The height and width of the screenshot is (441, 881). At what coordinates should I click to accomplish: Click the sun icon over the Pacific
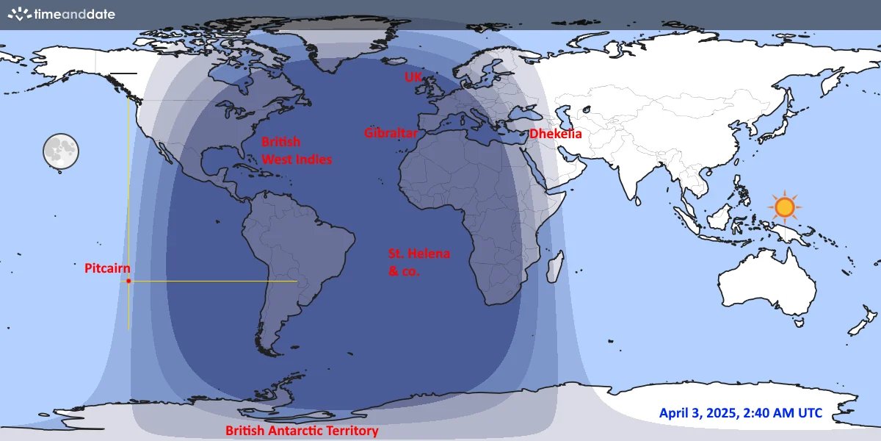[785, 208]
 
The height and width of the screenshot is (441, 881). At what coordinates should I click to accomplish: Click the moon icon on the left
[60, 151]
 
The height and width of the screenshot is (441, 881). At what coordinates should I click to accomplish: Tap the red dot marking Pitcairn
[128, 281]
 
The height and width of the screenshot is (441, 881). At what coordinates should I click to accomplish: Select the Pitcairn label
[107, 268]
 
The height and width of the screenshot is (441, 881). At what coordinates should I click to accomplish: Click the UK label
[413, 76]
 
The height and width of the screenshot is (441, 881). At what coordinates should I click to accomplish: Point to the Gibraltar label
[391, 133]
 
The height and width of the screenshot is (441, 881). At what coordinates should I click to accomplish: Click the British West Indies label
[297, 151]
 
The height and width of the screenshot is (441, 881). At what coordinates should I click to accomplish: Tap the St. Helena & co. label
[418, 262]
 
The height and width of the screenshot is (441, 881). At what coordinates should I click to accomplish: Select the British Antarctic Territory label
[302, 431]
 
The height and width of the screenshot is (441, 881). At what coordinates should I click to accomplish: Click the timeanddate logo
[62, 14]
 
